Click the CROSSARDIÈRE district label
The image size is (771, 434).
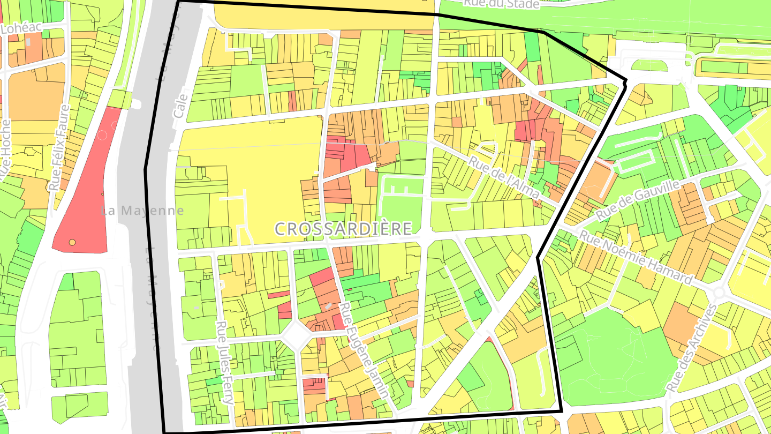pos(343,229)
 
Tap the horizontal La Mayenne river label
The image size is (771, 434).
pos(142,211)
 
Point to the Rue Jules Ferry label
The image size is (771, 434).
pos(225,363)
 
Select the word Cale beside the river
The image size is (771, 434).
pos(180,107)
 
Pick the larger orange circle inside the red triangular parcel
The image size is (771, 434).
pos(72,243)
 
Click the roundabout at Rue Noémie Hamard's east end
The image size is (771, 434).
pos(719,293)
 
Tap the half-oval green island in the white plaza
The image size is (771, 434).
pos(649,65)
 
